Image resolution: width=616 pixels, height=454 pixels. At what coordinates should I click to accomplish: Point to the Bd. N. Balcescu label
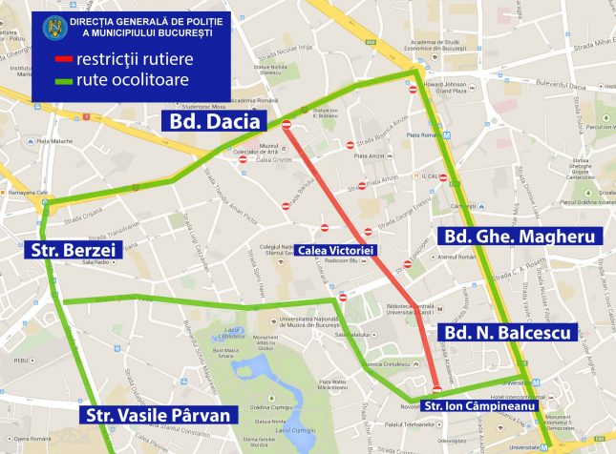506,333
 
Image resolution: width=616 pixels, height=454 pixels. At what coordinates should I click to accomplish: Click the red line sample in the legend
67,61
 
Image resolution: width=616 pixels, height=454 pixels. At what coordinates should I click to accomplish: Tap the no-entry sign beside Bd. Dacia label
287,124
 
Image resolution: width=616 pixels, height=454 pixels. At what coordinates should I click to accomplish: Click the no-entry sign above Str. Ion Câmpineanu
437,388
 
